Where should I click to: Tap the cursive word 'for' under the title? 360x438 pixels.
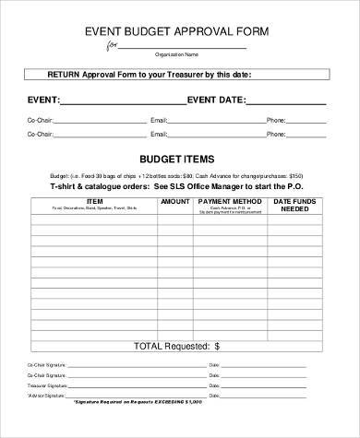click(113, 45)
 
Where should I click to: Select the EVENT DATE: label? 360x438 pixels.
click(217, 99)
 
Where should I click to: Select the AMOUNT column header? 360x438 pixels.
click(174, 200)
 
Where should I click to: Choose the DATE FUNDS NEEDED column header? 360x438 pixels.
click(298, 205)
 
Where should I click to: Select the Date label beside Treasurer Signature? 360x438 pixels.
click(214, 388)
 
